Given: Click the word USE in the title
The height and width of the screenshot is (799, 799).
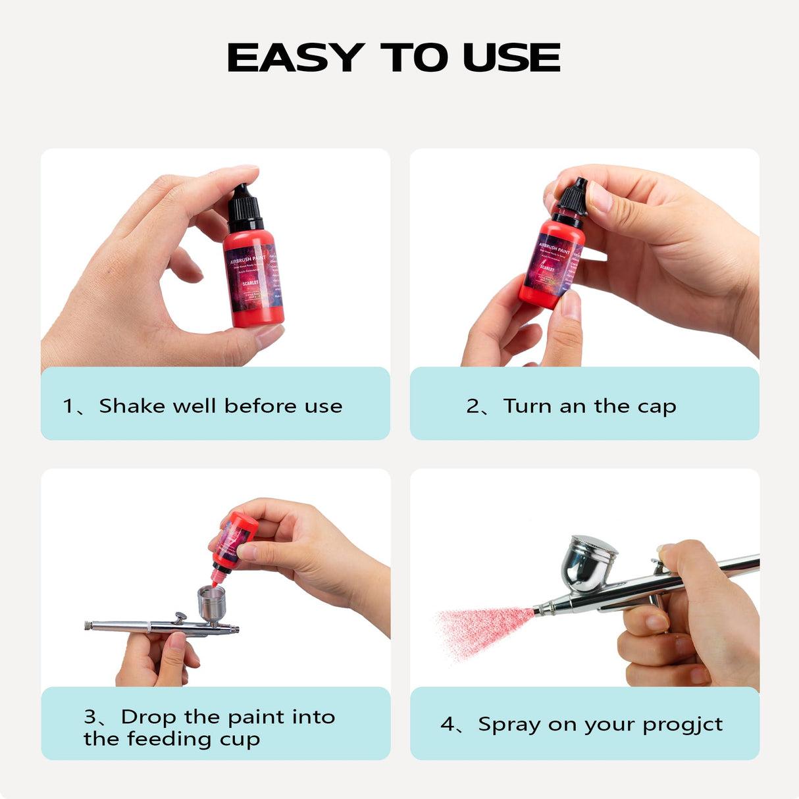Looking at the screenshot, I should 511,58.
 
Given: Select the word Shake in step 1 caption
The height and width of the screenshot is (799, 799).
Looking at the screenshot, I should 132,406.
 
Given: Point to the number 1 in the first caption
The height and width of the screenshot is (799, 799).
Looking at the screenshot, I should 68,406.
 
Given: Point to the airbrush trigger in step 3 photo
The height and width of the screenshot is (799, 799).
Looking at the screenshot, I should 178,617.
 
